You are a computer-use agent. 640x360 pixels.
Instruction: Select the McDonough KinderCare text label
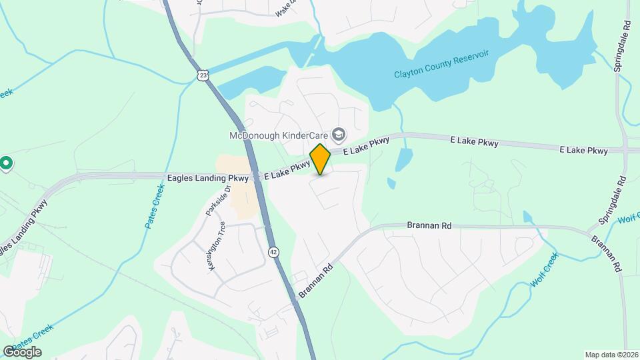coord(279,136)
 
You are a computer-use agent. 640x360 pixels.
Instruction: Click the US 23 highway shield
coord(203,75)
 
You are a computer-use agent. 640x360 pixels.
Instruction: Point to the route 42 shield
coord(274,251)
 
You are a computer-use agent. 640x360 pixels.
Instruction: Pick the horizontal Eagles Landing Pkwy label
coord(208,178)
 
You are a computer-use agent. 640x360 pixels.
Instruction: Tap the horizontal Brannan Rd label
coord(429,226)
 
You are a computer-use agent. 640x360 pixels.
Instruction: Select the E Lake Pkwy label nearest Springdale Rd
coord(584,151)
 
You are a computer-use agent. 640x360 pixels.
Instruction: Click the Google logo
coord(22,352)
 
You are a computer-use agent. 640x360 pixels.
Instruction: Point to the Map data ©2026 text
coord(611,355)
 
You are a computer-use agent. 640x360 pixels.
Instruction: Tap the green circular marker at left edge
coord(6,163)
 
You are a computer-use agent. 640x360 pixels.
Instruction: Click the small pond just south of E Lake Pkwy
coord(404,160)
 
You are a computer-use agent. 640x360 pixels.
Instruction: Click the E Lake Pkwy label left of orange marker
coord(287,170)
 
